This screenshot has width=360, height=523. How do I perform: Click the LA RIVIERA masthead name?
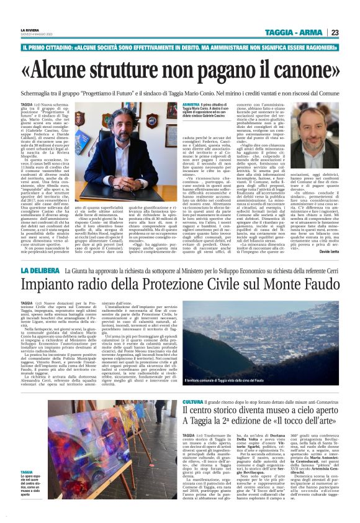click(x=29, y=29)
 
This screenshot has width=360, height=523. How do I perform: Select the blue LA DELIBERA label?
click(x=39, y=271)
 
